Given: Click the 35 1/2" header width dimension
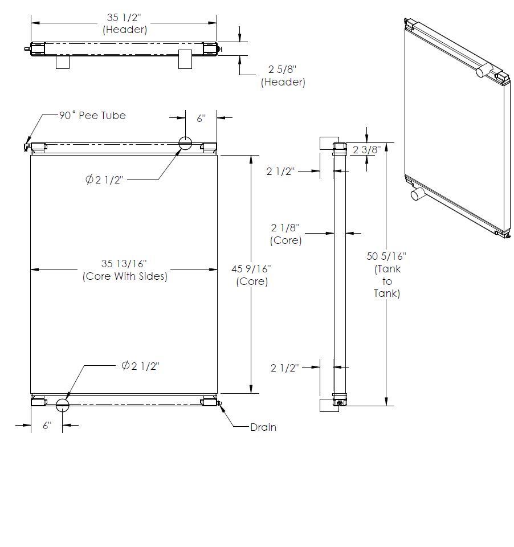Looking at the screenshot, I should [x=124, y=23].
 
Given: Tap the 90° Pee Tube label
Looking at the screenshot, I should [x=92, y=115].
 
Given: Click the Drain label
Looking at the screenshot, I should [x=263, y=427].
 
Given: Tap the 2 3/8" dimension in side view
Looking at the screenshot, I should [x=366, y=150].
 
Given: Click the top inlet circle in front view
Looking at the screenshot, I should [x=185, y=143].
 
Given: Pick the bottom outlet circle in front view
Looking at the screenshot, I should [x=62, y=405].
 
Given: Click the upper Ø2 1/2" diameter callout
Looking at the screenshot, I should [x=104, y=179].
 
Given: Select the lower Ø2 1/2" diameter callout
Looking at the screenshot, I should [x=140, y=366].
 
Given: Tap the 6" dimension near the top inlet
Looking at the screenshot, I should [x=201, y=119].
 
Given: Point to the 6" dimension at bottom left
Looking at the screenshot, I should [x=47, y=425].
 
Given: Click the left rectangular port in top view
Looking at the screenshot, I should [x=63, y=62].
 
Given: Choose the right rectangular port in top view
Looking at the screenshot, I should [x=185, y=59].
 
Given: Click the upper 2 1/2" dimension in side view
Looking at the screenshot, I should [x=281, y=171].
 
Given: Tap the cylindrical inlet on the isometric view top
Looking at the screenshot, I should [x=483, y=71].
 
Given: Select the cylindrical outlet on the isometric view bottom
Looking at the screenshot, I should [x=418, y=194].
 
